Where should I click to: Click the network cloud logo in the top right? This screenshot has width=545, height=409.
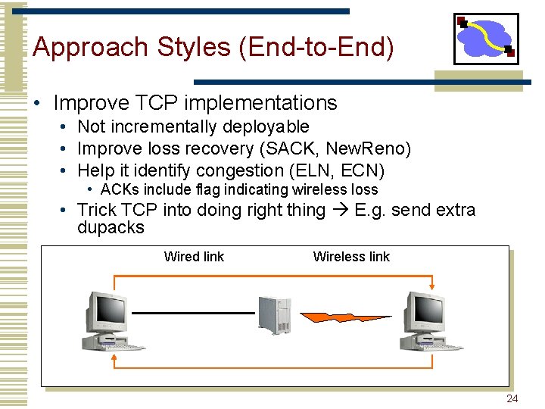pyautogui.click(x=486, y=39)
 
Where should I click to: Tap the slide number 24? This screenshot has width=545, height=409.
pyautogui.click(x=512, y=399)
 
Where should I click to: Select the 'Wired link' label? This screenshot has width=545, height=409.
pyautogui.click(x=194, y=257)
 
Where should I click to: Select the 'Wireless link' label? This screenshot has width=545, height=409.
pyautogui.click(x=351, y=257)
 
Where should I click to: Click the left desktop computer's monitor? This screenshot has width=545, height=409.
pyautogui.click(x=106, y=310)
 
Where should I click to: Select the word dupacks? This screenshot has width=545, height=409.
pyautogui.click(x=111, y=228)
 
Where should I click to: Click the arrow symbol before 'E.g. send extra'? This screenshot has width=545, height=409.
pyautogui.click(x=340, y=210)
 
